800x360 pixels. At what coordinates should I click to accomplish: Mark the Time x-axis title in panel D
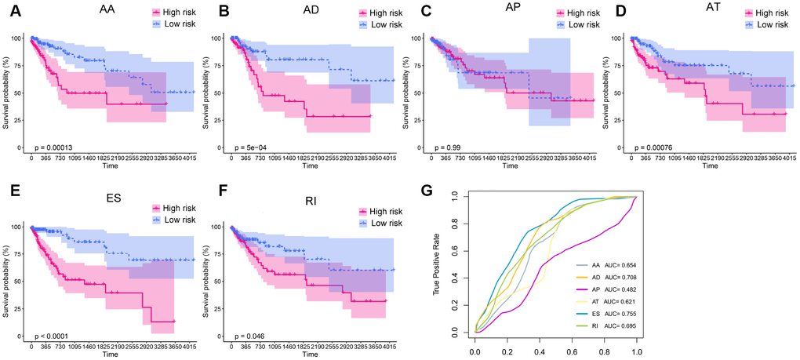(x=708, y=167)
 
